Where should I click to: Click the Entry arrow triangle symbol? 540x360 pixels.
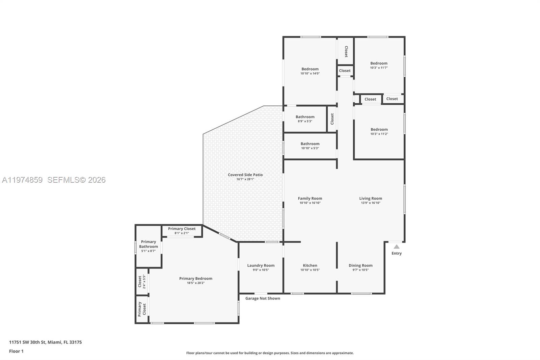397,247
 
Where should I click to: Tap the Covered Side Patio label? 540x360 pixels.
245,175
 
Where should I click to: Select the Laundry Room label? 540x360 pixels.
261,265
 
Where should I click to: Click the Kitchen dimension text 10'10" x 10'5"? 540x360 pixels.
310,270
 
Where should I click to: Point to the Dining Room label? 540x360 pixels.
360,265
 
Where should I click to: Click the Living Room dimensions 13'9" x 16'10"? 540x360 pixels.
371,203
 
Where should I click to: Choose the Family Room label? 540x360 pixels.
310,199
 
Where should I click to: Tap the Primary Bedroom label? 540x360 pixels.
196,279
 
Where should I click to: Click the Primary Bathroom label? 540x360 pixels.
148,244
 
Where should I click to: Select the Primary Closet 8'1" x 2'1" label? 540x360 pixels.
182,229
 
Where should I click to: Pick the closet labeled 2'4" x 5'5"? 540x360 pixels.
142,282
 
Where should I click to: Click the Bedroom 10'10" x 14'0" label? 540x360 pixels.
310,69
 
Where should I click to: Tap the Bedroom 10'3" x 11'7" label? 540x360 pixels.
379,63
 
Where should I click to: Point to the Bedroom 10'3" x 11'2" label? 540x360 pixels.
379,130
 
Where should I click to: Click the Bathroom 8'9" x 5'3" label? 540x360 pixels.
305,117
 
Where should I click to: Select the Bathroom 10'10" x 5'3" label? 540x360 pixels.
310,144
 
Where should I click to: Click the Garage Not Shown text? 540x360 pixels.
263,299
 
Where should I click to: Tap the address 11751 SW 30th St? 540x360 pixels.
27,342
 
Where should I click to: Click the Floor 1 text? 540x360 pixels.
16,351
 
